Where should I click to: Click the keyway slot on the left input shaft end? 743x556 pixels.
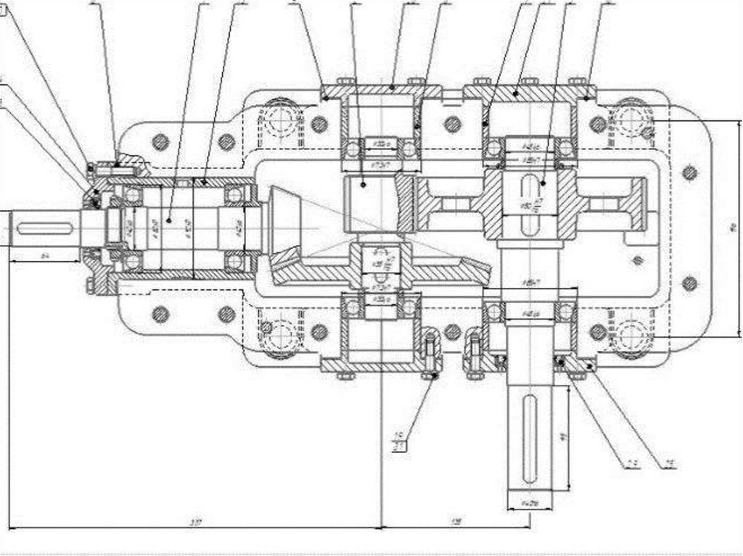(x=44, y=230)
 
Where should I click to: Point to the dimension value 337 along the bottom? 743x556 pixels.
(x=194, y=522)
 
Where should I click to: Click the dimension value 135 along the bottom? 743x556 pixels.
(x=456, y=522)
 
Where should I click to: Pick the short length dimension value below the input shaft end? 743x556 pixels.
(x=45, y=256)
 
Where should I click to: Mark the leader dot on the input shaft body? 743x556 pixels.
(x=168, y=220)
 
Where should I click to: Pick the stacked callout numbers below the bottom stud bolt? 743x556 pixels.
(x=398, y=441)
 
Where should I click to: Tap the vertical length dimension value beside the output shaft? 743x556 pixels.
(x=565, y=438)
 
